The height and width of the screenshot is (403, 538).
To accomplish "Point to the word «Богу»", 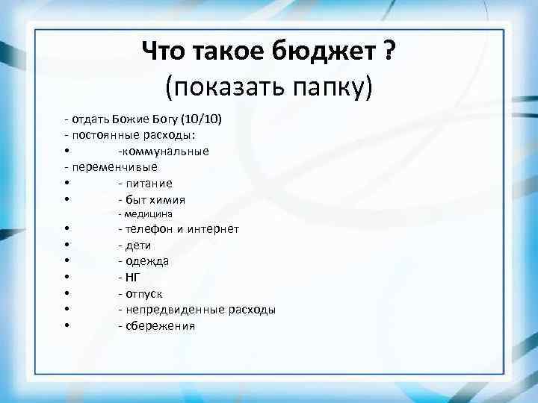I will click(168, 119).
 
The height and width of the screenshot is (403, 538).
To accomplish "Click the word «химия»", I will click(168, 200).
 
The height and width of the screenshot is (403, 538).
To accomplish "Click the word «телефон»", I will click(152, 229).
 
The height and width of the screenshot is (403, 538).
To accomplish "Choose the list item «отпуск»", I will click(143, 293).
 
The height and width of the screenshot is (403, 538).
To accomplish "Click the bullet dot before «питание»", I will click(67, 184).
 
